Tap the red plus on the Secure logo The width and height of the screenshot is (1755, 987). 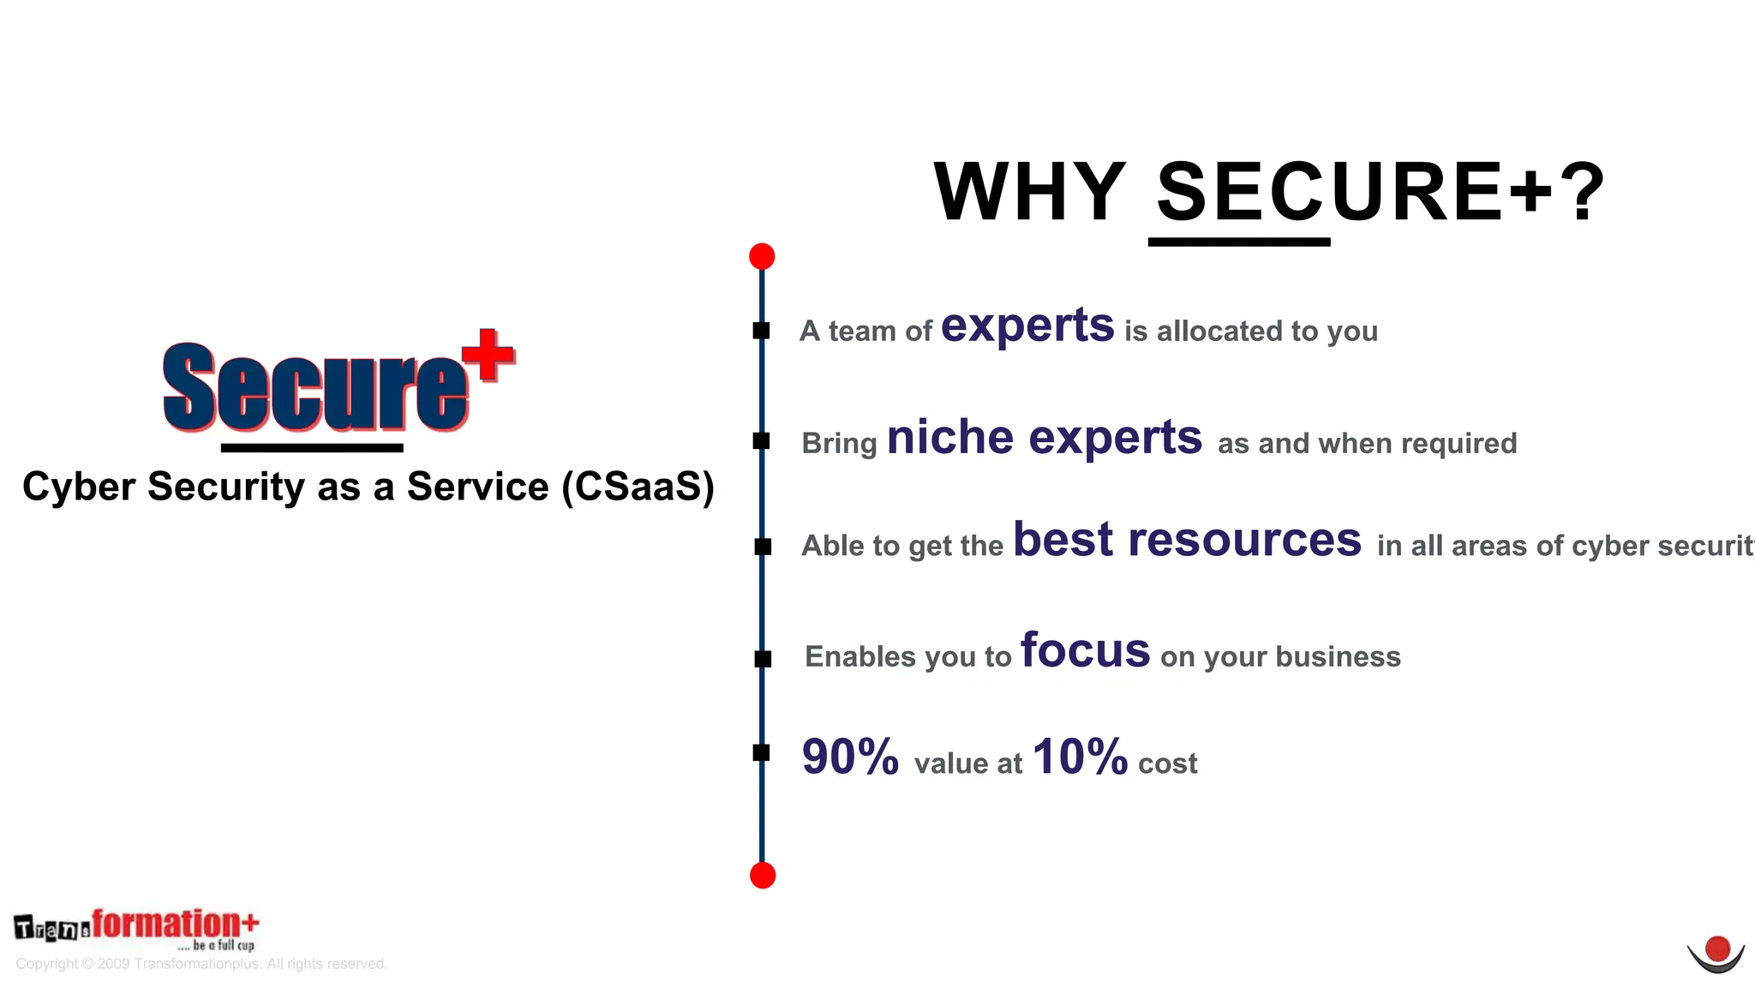point(488,354)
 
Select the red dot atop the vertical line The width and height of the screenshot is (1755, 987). point(762,256)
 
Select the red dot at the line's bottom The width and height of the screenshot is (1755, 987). point(763,876)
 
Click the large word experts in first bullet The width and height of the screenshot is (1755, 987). point(1027,326)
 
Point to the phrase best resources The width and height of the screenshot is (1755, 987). point(1187,541)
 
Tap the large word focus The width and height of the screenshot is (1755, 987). point(1085,651)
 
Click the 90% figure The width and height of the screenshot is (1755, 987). point(850,757)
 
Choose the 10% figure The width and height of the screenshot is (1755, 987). point(1080,757)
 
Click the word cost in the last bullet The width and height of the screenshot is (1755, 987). point(1168,763)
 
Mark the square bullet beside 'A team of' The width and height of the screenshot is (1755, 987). point(762,331)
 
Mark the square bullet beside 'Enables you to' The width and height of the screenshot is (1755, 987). point(763,659)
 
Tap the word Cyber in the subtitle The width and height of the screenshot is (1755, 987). point(79,487)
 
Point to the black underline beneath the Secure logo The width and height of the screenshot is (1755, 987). point(312,447)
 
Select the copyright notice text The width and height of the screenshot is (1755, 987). point(201,964)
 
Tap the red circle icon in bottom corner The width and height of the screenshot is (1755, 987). point(1716,950)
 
